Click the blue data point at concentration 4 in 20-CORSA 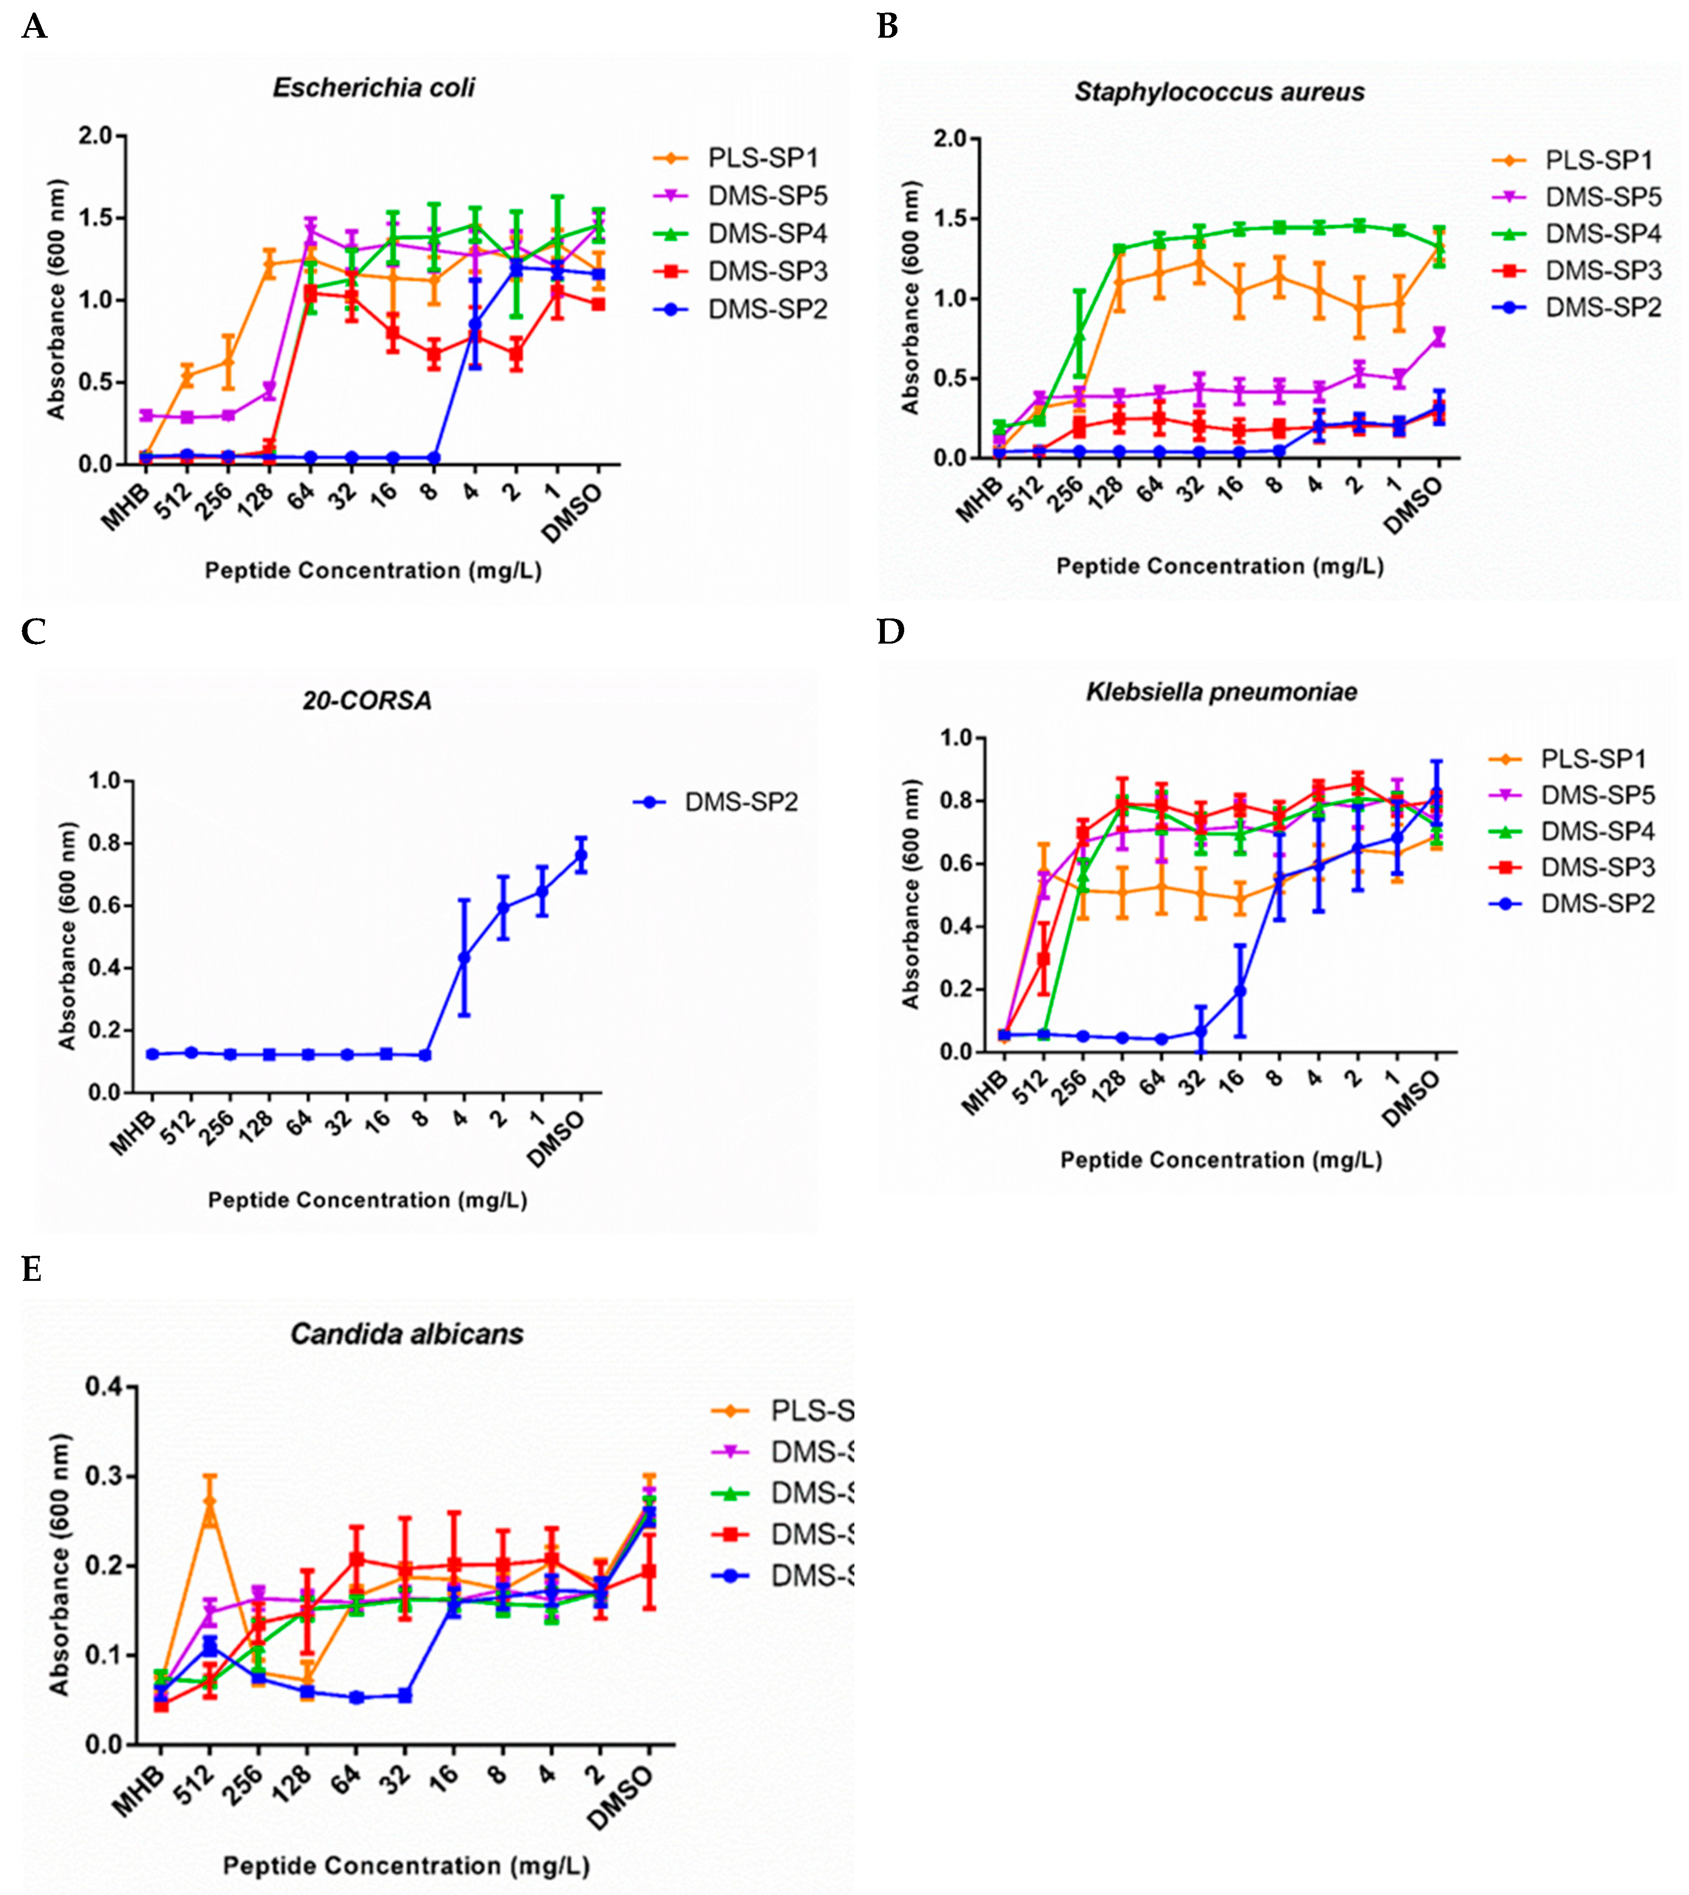[x=464, y=957]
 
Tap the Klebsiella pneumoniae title [x=1221, y=691]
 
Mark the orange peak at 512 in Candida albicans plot [x=210, y=1501]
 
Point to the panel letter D [x=890, y=632]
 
